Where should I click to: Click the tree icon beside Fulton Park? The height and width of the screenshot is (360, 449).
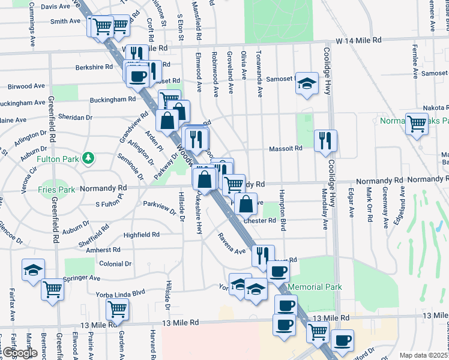point(89,158)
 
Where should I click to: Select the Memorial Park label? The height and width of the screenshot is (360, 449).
point(315,287)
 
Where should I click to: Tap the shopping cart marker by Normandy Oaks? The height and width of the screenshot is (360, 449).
point(417,124)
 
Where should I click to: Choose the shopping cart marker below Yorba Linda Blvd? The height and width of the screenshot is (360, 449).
point(117,310)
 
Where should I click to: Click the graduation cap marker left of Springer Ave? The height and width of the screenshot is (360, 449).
point(33,269)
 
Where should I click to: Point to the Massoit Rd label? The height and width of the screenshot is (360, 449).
point(285,148)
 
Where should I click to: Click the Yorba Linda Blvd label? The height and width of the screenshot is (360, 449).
point(121,293)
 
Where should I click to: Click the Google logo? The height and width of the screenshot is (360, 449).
point(20,353)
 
